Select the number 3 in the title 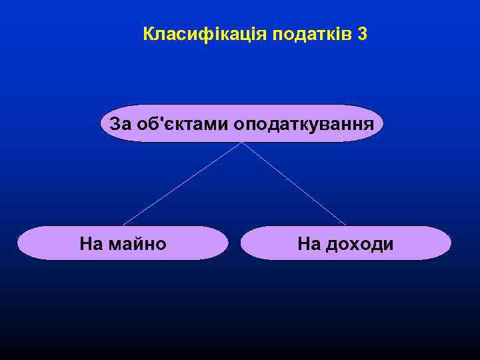point(362,34)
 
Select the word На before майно point(91,244)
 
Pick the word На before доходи point(309,244)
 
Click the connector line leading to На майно point(181,184)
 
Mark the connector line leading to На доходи point(294,184)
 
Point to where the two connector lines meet point(241,142)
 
